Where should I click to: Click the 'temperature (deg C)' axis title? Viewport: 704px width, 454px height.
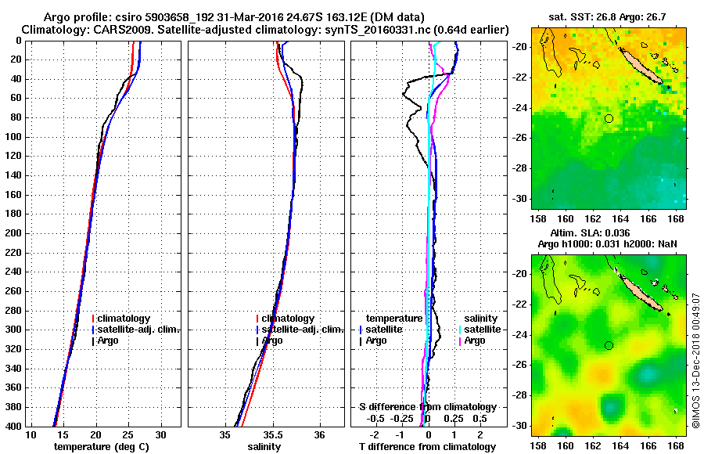[x=101, y=447]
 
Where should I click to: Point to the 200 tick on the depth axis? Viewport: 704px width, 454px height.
[x=16, y=233]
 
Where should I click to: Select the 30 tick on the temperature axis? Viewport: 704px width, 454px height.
[x=161, y=434]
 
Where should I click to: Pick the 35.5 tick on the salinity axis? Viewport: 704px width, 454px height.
[x=273, y=434]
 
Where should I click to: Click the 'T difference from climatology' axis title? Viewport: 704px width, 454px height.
[x=426, y=447]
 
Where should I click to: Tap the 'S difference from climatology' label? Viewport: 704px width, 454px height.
[x=427, y=407]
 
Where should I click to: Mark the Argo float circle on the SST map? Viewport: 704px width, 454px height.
[x=609, y=118]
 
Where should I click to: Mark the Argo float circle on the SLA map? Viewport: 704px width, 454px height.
[x=609, y=345]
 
